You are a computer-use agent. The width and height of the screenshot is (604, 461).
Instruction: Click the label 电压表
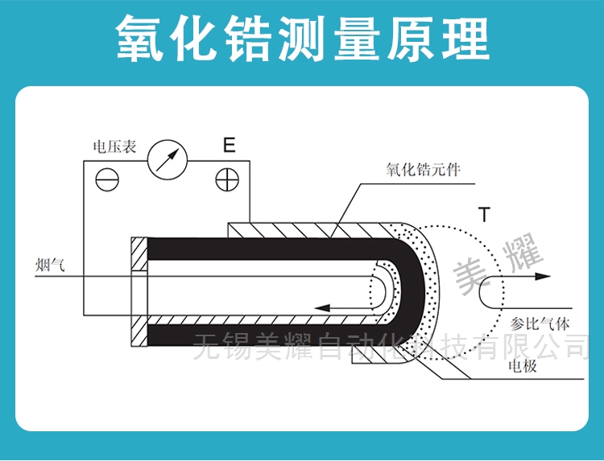[x=114, y=146]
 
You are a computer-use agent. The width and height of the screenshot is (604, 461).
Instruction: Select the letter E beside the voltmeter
[x=229, y=146]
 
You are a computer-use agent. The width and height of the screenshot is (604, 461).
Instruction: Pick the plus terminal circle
[x=227, y=179]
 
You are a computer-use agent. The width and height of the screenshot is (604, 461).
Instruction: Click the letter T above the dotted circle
[x=482, y=215]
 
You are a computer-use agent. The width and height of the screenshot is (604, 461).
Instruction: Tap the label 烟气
[x=50, y=265]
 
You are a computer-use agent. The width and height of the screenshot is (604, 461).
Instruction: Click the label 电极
[x=523, y=368]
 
